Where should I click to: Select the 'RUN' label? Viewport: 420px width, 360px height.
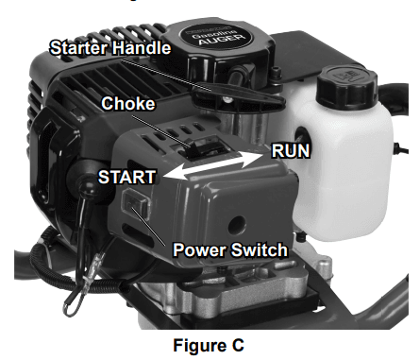click(x=289, y=149)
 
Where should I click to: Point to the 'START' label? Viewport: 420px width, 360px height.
click(x=127, y=176)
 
